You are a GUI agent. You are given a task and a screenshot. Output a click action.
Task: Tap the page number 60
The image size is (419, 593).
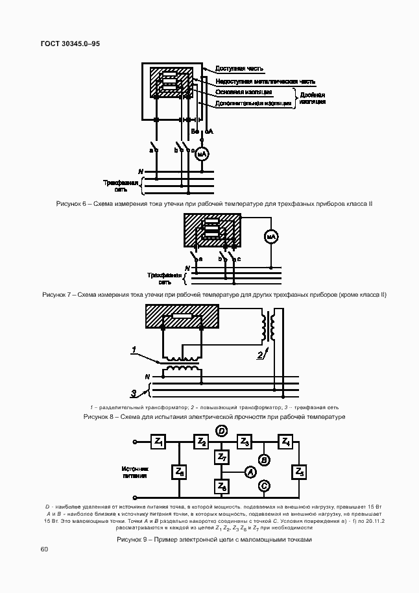tap(43, 549)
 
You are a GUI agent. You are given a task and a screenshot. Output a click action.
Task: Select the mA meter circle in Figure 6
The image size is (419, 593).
tap(201, 153)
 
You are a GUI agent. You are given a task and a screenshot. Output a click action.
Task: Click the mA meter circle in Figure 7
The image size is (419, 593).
tap(270, 238)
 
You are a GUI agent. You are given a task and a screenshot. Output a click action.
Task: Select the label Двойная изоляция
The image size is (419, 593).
tap(313, 98)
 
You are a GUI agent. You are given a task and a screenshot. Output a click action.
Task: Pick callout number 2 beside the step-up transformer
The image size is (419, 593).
tap(259, 355)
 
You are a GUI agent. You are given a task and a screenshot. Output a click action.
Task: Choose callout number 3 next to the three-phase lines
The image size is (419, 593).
tap(134, 393)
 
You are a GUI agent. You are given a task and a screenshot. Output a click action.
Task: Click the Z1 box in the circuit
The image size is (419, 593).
tap(158, 442)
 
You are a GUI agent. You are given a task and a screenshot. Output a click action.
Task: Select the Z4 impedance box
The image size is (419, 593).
tap(285, 442)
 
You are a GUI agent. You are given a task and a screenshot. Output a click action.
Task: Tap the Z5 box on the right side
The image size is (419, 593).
tap(299, 472)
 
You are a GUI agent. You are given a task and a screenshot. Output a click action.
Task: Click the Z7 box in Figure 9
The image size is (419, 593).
tap(221, 459)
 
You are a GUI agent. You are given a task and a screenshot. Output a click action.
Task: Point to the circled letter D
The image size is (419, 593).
tap(221, 431)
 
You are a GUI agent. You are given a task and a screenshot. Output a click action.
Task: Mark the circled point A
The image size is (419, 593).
tap(248, 473)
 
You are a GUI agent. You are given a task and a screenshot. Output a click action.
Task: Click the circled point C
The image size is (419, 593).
tap(264, 485)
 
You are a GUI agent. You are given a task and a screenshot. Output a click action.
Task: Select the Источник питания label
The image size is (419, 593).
tap(135, 472)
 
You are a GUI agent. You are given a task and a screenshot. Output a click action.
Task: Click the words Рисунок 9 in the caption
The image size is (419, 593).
tap(133, 540)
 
